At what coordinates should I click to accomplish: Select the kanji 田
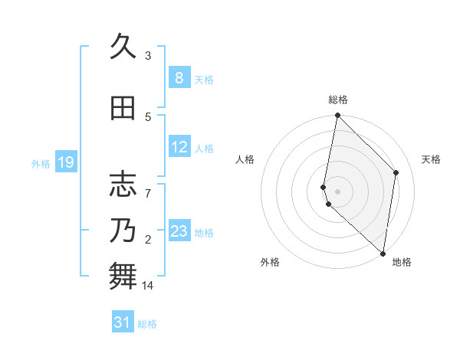pos(123,109)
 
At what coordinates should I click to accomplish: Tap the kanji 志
pos(123,184)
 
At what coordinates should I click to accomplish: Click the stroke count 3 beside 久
pos(148,55)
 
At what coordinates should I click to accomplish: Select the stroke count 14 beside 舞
pos(148,286)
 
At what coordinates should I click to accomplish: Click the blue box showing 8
pos(179,78)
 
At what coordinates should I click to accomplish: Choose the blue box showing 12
pos(179,148)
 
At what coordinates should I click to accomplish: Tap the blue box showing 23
pos(179,231)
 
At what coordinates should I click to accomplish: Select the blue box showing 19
pos(65,162)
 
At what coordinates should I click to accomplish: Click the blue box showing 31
pos(123,322)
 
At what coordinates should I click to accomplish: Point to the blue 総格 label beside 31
pos(147,324)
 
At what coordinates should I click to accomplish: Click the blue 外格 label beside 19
pos(41,163)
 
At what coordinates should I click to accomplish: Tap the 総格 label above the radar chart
pos(338,100)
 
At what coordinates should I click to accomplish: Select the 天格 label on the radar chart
pos(431,159)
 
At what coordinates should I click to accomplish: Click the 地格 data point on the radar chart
pos(383,254)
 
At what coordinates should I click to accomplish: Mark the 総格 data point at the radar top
pos(338,116)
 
